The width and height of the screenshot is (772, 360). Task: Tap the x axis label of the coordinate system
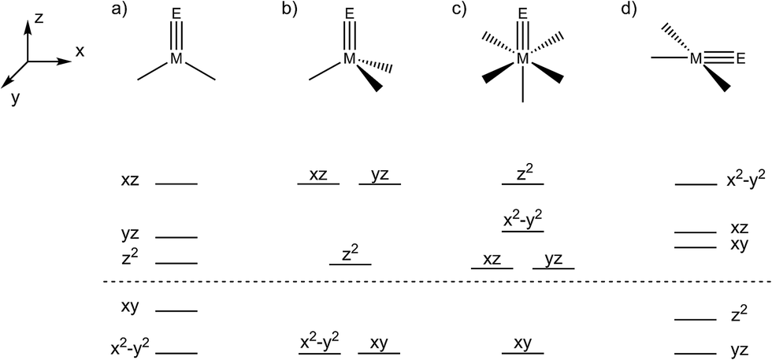[x=80, y=51]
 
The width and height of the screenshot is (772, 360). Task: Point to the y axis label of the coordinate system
[x=14, y=98]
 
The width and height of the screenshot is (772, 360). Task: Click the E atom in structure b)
[x=349, y=13]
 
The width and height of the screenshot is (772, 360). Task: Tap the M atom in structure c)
[x=522, y=59]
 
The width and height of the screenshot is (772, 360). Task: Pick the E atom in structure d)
[x=740, y=58]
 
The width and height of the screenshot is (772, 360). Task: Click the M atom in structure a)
[x=176, y=59]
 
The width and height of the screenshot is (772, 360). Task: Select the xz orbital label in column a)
[x=131, y=181]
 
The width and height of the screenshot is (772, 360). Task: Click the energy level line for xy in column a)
[x=176, y=310]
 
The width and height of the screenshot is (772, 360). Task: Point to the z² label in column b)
[x=350, y=254]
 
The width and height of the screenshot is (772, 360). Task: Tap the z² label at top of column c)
[x=523, y=173]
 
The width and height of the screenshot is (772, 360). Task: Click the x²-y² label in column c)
[x=523, y=218]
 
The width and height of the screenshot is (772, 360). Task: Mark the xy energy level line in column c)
[x=522, y=354]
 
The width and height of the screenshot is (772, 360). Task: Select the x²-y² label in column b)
[x=319, y=343]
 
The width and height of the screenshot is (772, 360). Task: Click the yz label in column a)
[x=131, y=234]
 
